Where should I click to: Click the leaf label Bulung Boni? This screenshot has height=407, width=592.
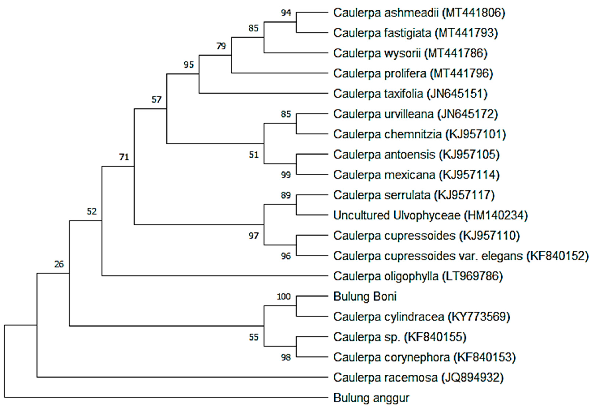pos(365,297)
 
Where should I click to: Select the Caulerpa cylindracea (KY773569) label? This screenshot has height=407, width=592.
pos(422,317)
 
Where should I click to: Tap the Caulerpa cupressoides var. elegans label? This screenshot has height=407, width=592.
pos(461,256)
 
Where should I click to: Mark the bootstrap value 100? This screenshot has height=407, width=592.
pos(284,297)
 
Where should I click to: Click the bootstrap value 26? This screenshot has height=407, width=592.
pos(59,264)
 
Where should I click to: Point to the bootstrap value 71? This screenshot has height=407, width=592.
pos(124,157)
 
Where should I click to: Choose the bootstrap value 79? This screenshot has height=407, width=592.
pos(221,46)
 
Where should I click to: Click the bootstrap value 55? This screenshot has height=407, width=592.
pos(254,337)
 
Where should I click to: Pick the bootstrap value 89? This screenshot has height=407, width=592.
pos(286,195)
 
